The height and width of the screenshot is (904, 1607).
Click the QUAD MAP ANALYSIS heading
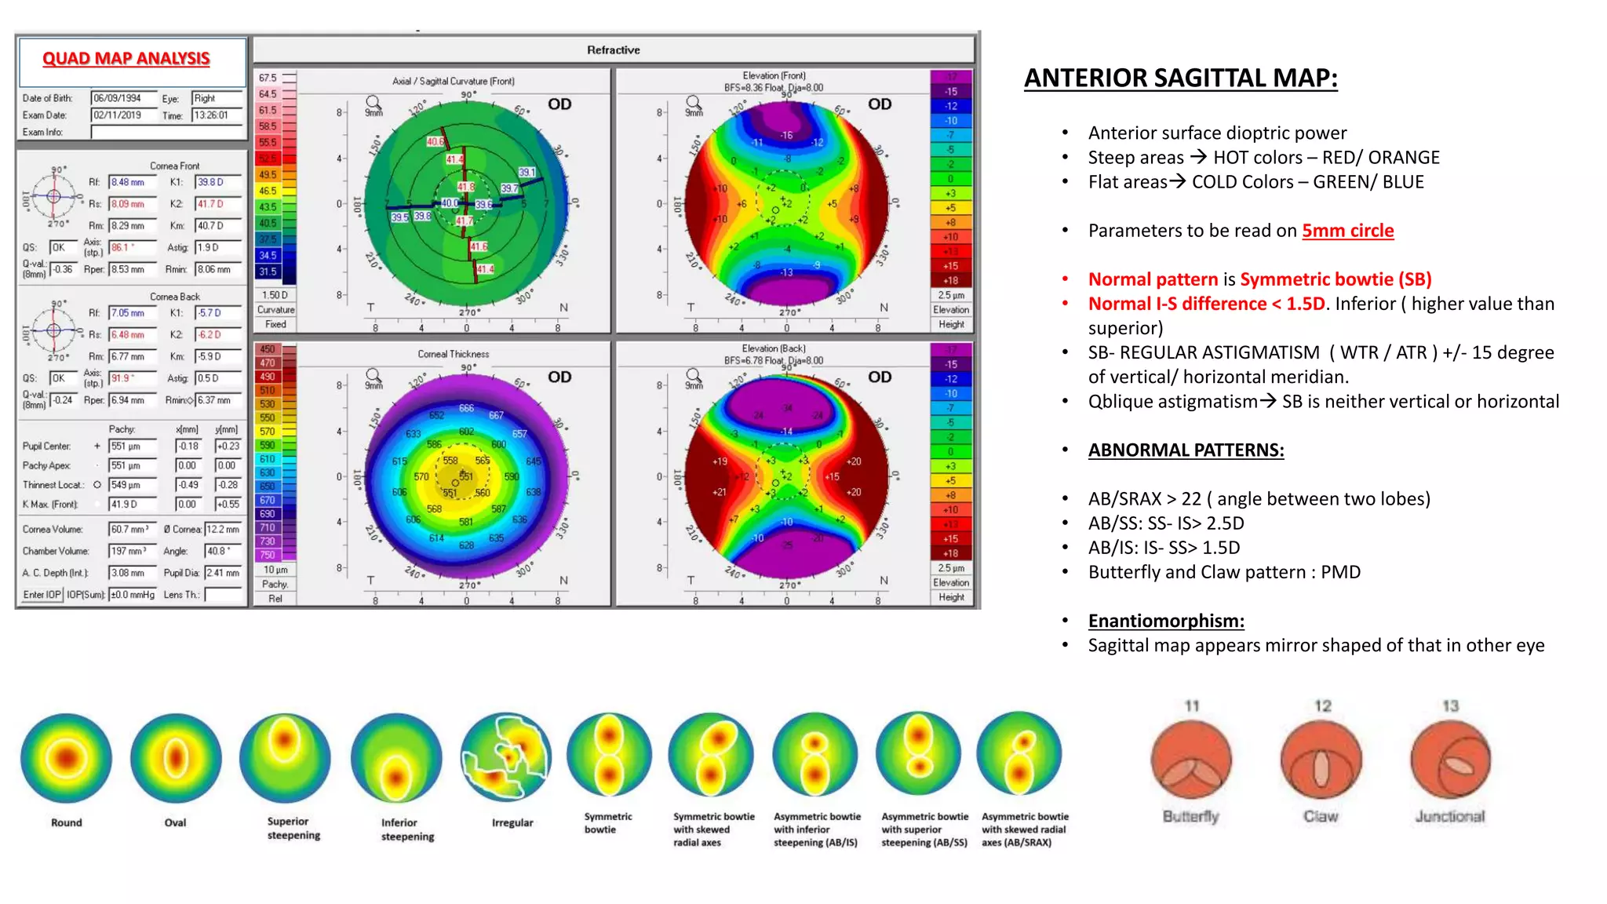pyautogui.click(x=126, y=59)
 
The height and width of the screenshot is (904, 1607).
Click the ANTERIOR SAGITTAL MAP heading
pyautogui.click(x=1180, y=78)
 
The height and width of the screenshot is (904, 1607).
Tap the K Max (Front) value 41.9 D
pyautogui.click(x=132, y=505)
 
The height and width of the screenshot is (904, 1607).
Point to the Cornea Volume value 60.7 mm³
pyautogui.click(x=132, y=530)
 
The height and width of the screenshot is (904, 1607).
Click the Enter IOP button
pyautogui.click(x=42, y=595)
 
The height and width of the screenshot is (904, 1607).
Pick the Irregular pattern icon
pyautogui.click(x=506, y=756)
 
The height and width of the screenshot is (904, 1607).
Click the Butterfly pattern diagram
pyautogui.click(x=1191, y=760)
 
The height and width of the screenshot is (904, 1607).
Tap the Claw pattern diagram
pyautogui.click(x=1321, y=760)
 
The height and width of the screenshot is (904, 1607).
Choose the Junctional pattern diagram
pyautogui.click(x=1450, y=760)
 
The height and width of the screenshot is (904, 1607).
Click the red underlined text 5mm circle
pyautogui.click(x=1347, y=231)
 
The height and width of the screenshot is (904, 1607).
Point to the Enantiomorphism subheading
pyautogui.click(x=1166, y=621)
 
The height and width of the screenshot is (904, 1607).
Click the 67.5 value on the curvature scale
pyautogui.click(x=268, y=78)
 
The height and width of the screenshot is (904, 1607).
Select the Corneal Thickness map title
pyautogui.click(x=453, y=354)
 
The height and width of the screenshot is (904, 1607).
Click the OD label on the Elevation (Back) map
pyautogui.click(x=880, y=377)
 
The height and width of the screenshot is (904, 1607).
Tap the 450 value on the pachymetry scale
pyautogui.click(x=268, y=350)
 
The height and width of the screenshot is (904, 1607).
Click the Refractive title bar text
pyautogui.click(x=613, y=50)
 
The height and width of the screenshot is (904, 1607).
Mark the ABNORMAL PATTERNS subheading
pyautogui.click(x=1186, y=450)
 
